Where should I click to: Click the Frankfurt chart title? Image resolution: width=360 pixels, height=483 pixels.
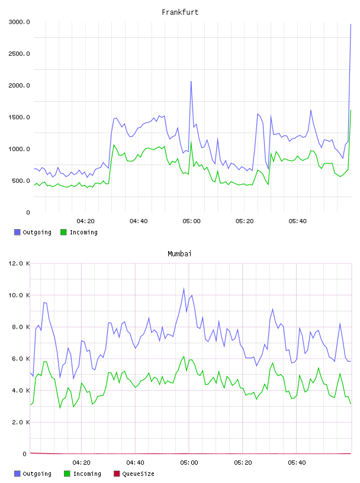(x=180, y=12)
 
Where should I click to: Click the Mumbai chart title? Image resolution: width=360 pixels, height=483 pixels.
(x=179, y=254)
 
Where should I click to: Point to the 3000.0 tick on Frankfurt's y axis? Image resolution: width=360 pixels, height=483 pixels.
(x=19, y=22)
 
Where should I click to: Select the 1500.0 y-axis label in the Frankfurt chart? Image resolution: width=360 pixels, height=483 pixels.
(x=19, y=117)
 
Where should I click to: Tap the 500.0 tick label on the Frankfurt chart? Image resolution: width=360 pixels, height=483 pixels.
(x=21, y=181)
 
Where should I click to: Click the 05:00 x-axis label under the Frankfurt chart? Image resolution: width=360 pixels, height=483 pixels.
(x=191, y=221)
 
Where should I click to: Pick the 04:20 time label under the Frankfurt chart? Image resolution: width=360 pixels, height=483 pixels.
(x=85, y=221)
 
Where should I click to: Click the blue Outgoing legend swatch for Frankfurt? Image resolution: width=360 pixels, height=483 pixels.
(x=17, y=232)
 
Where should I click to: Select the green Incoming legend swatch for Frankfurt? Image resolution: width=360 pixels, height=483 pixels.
(x=63, y=232)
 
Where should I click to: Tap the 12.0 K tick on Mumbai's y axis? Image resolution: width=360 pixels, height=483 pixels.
(x=19, y=263)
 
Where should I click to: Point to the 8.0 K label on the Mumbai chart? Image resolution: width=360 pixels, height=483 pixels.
(x=21, y=327)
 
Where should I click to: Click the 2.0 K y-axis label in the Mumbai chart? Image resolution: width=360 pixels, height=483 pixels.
(x=21, y=422)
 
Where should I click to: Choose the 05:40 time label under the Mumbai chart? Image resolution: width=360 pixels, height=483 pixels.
(x=297, y=463)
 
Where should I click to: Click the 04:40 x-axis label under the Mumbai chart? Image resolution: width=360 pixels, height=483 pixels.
(x=135, y=463)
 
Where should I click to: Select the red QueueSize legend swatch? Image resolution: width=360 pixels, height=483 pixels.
(x=117, y=474)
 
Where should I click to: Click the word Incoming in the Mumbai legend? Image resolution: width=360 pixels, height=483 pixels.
(x=87, y=474)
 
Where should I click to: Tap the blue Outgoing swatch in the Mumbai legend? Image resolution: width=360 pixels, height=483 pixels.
(x=17, y=474)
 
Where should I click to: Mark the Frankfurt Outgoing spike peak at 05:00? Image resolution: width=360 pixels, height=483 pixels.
(x=191, y=81)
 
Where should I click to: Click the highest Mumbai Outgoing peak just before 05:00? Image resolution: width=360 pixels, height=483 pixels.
(x=184, y=289)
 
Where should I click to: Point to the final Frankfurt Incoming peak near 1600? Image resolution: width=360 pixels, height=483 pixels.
(x=351, y=110)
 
